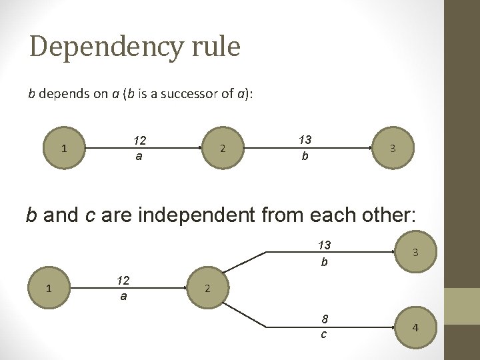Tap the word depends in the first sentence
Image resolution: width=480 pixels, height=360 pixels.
coord(59,93)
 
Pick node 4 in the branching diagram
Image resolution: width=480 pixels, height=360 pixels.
coord(415,328)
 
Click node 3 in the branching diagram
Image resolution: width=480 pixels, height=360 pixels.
coord(415,252)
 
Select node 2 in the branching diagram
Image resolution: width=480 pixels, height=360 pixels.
coord(207,289)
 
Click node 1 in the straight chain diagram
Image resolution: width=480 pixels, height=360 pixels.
coord(64,148)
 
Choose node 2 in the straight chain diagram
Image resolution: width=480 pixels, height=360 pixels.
coord(223,148)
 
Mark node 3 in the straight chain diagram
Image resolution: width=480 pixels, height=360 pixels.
coord(393,148)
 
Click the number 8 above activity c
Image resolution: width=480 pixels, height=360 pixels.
coord(324,319)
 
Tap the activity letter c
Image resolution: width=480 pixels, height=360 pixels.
coord(324,334)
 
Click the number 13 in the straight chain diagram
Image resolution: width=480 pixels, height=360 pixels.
coord(305,140)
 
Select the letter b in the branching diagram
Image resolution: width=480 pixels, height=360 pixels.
coord(324,262)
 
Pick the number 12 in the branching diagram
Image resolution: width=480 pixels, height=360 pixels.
coord(123,281)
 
